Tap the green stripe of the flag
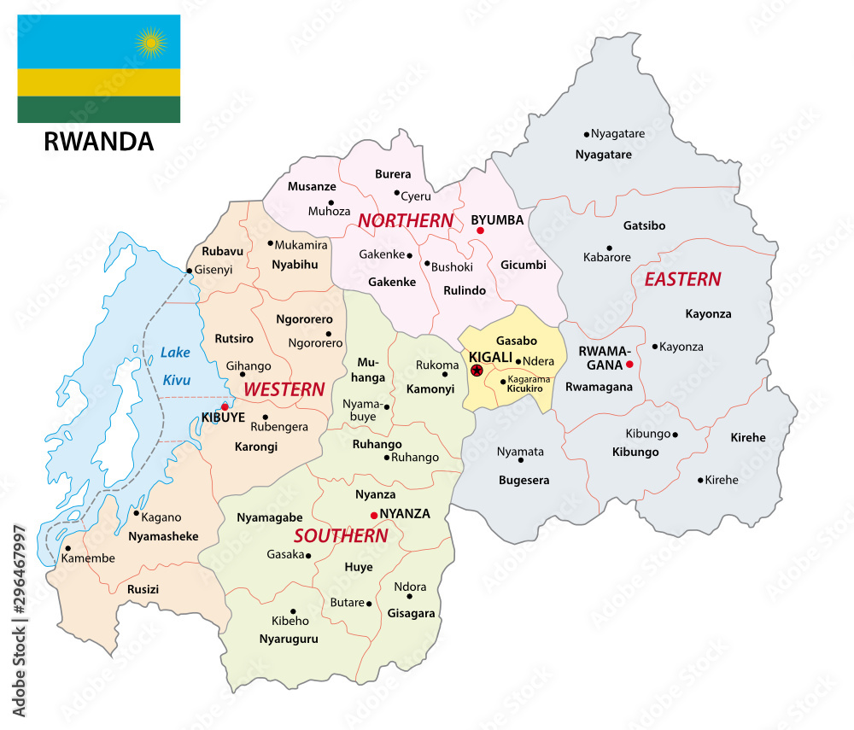(98, 109)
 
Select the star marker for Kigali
(477, 371)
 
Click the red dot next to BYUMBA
(480, 231)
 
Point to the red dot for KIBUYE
(225, 406)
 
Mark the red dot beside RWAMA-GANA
(629, 365)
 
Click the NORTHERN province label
(405, 220)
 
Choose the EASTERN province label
(682, 279)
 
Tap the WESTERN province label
(284, 389)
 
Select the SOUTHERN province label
(340, 536)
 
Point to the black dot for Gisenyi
(190, 271)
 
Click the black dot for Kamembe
(67, 548)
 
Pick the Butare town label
(347, 603)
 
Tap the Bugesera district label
(524, 480)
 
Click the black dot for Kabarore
(609, 248)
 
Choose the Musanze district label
(312, 186)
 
